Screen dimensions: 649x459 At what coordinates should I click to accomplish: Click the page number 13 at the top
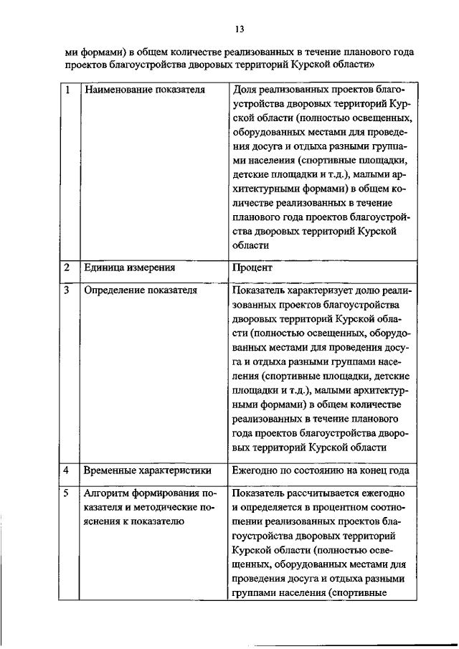click(240, 29)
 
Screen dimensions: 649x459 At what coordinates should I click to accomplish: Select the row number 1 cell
click(67, 91)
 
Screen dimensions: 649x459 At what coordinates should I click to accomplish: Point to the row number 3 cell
click(67, 291)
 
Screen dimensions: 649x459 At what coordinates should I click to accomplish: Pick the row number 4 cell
click(67, 470)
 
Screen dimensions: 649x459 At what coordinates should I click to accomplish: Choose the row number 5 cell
click(67, 494)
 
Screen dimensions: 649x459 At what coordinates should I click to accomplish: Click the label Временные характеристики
click(147, 470)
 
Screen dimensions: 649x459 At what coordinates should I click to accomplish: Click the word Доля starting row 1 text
click(245, 91)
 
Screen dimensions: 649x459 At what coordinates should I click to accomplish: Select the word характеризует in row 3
click(320, 291)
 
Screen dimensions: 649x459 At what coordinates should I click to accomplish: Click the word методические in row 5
click(170, 508)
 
